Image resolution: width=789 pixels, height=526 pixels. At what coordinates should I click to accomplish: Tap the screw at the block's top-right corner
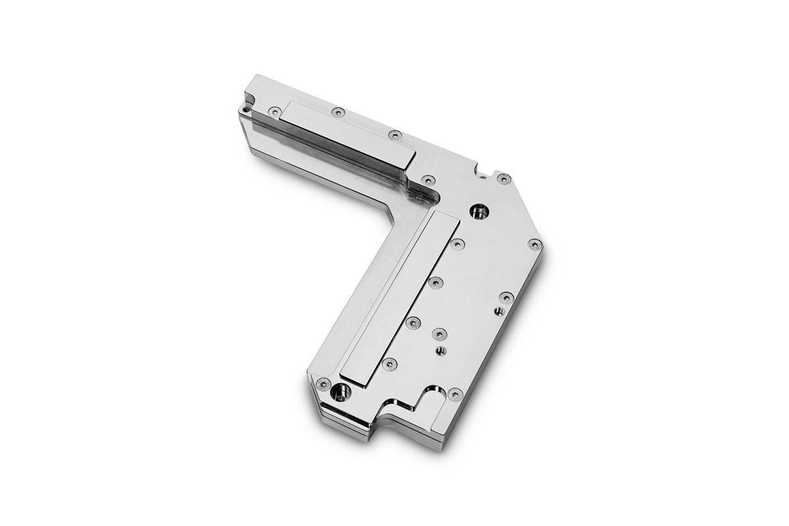click(503, 178)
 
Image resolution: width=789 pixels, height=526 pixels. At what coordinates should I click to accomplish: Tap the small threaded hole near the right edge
click(497, 309)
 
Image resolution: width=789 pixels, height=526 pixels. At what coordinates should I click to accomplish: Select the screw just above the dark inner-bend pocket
click(428, 178)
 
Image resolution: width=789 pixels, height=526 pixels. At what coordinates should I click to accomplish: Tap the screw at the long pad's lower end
click(392, 362)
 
